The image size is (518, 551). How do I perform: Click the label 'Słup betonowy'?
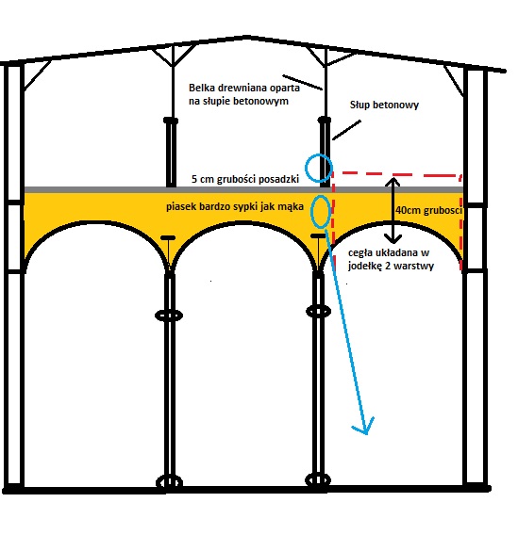[x=384, y=105]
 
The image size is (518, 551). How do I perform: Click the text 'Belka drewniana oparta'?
[x=244, y=88]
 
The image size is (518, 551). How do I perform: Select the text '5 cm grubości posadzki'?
[x=245, y=179]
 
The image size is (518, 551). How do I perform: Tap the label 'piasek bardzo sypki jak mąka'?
[x=235, y=206]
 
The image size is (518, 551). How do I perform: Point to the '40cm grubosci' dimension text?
[x=428, y=210]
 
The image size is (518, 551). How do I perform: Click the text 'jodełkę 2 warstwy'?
[x=391, y=266]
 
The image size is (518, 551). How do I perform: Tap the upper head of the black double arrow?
[x=393, y=182]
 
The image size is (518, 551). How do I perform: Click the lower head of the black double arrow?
[x=393, y=239]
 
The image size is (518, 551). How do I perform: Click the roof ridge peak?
[x=247, y=36]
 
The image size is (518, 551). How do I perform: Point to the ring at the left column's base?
[x=169, y=482]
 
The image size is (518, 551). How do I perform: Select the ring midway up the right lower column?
[x=319, y=312]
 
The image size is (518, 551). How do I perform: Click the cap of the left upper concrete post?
[x=171, y=121]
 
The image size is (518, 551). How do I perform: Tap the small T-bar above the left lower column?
[x=168, y=238]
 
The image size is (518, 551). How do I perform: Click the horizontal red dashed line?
[x=397, y=174]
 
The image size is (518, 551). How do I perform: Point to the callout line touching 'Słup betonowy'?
[x=346, y=130]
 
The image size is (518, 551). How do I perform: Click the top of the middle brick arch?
[x=248, y=223]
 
